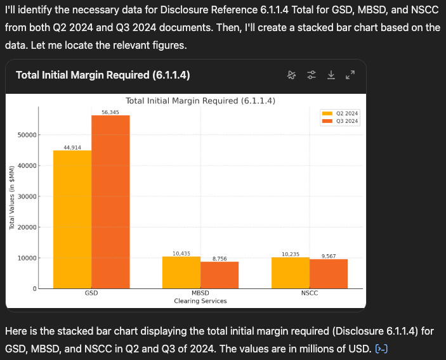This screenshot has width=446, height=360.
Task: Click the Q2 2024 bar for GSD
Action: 72,219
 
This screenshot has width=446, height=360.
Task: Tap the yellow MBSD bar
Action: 181,273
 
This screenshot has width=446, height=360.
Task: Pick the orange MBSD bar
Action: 220,275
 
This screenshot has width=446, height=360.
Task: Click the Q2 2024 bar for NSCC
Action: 291,273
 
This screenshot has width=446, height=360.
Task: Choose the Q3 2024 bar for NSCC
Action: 329,274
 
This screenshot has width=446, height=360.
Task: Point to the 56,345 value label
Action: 110,112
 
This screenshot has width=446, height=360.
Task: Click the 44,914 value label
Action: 72,147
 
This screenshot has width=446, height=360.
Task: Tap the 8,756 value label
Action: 220,259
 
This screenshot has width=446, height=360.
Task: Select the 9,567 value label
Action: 329,256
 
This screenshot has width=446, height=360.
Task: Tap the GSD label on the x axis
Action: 91,294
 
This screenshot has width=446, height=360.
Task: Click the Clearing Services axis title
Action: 200,301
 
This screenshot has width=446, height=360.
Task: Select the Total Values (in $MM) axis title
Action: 12,197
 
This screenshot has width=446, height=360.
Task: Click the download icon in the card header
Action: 331,75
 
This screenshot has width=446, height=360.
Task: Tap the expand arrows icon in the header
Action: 350,75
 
